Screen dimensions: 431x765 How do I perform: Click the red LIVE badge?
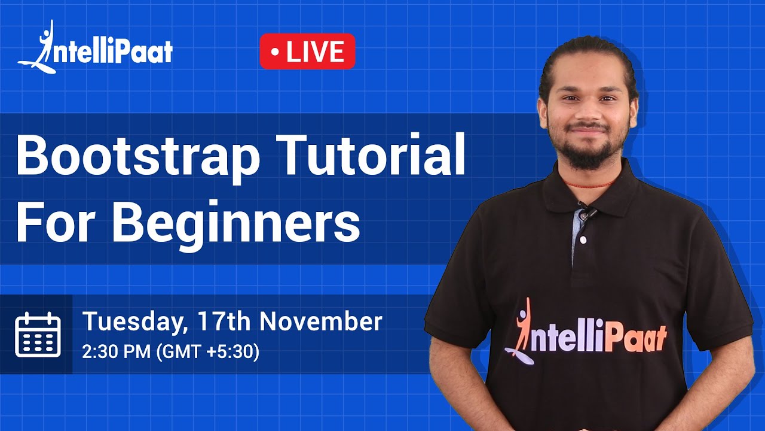point(307,51)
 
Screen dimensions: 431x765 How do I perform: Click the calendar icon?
point(38,335)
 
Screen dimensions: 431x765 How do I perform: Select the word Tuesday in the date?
point(131,322)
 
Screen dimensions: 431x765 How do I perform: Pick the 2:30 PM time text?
point(117,352)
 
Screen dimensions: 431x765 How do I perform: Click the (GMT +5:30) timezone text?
point(207,352)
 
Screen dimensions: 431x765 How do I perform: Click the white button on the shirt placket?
point(582,239)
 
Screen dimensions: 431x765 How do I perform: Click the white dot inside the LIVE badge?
point(274,52)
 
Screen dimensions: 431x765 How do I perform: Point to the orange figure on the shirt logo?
point(522,326)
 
